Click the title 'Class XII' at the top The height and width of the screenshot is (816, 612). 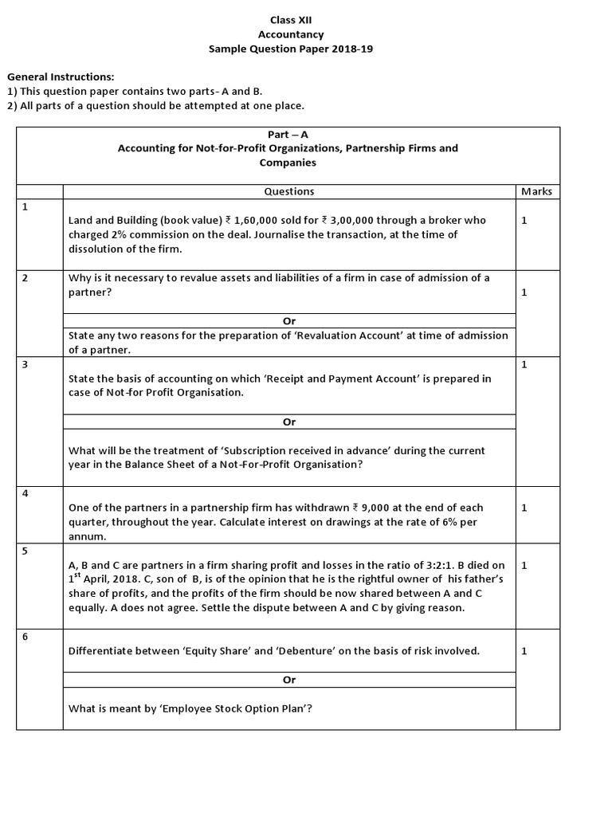point(290,19)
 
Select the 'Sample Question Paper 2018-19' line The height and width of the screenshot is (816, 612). point(290,49)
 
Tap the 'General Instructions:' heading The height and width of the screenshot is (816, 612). point(61,76)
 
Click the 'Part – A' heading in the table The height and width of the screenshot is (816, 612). point(288,135)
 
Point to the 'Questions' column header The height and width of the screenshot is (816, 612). point(288,191)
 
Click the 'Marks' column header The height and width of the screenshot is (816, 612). point(536,191)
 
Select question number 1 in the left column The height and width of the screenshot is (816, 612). point(25,206)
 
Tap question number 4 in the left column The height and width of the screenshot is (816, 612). point(25,493)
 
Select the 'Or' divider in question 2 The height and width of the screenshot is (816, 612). point(288,321)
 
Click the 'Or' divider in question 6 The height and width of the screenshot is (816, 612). point(288,680)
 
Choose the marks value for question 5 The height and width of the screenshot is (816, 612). point(524,565)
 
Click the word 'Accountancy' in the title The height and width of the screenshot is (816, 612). point(290,34)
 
